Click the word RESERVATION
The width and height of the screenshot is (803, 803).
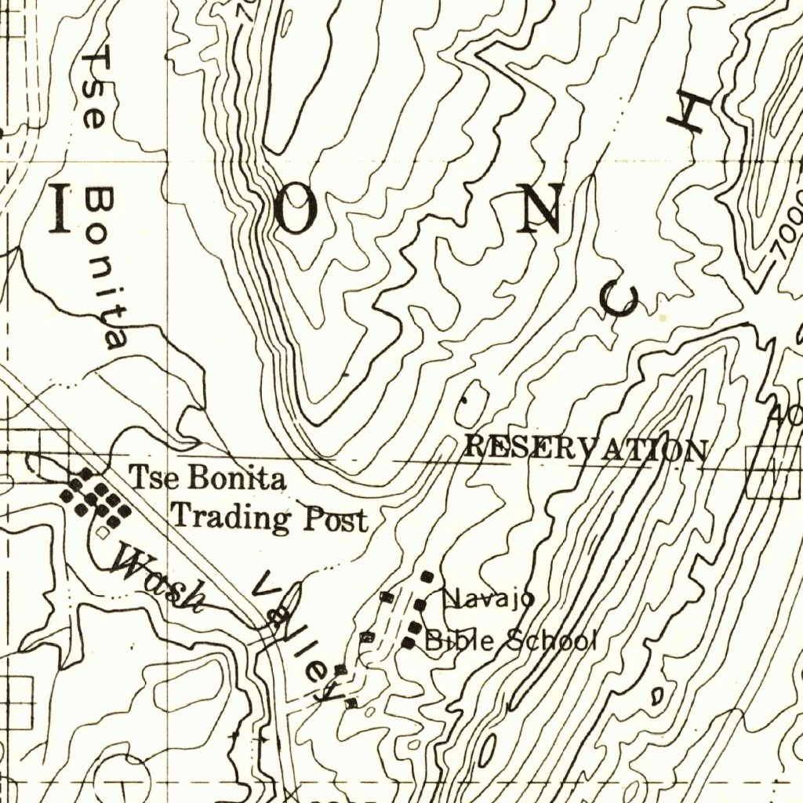pyautogui.click(x=586, y=449)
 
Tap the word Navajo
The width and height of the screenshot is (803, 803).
pyautogui.click(x=488, y=600)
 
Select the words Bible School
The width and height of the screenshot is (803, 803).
pyautogui.click(x=511, y=641)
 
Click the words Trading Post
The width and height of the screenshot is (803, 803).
pyautogui.click(x=269, y=518)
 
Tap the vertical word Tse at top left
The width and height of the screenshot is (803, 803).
pyautogui.click(x=96, y=87)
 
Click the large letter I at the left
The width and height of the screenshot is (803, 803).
pyautogui.click(x=60, y=209)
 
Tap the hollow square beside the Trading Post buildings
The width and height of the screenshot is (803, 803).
pyautogui.click(x=104, y=532)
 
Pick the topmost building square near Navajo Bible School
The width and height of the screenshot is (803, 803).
pyautogui.click(x=427, y=576)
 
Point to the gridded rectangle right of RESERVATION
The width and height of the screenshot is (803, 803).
pyautogui.click(x=774, y=472)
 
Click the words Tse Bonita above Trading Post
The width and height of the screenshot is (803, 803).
pyautogui.click(x=208, y=478)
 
